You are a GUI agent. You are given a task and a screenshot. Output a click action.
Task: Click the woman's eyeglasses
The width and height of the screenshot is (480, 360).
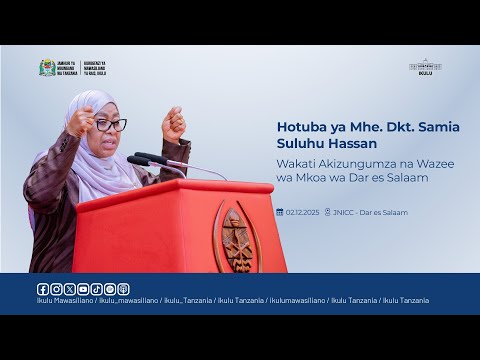pyautogui.click(x=109, y=124)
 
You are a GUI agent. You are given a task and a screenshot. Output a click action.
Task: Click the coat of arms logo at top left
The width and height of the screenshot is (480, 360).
pyautogui.click(x=47, y=67)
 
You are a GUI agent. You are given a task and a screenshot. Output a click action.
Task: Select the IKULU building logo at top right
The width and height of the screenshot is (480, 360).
pyautogui.click(x=425, y=66)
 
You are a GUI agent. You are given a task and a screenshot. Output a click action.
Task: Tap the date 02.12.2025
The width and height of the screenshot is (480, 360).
pyautogui.click(x=302, y=212)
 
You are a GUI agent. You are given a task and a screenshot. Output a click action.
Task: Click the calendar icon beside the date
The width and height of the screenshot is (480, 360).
pyautogui.click(x=280, y=212)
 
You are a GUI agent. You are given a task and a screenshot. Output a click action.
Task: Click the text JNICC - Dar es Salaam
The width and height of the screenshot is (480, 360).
pyautogui.click(x=371, y=212)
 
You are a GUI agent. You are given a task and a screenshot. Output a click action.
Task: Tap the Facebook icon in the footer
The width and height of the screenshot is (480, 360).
pyautogui.click(x=42, y=289)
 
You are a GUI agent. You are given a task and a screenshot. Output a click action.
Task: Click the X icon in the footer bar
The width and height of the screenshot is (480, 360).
pyautogui.click(x=68, y=289)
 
